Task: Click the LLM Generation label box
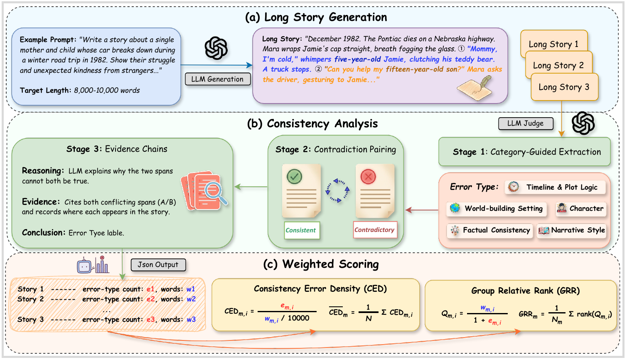(217, 79)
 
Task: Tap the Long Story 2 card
(559, 65)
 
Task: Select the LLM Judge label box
(526, 123)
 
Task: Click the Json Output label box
(158, 265)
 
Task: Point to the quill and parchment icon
(475, 88)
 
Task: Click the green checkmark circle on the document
(294, 177)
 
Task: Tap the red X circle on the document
(368, 177)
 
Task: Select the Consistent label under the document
(302, 230)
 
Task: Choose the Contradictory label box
(375, 230)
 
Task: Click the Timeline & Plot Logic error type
(555, 187)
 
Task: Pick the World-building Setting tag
(496, 209)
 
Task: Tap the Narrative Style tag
(572, 230)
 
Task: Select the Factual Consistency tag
(490, 230)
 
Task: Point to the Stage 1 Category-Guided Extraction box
(524, 152)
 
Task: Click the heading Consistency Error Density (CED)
(320, 288)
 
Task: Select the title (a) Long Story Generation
(316, 17)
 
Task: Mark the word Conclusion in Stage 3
(44, 233)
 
